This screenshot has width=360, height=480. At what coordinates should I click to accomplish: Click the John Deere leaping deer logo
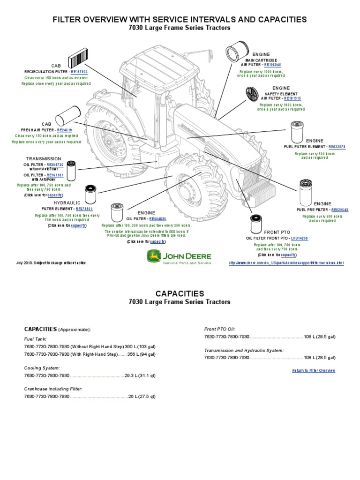coord(153,256)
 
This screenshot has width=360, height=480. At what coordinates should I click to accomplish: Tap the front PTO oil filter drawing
coord(256,223)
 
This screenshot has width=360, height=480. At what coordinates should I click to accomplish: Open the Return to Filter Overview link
coord(314,370)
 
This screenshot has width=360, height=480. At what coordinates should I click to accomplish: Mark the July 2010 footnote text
coord(52,263)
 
